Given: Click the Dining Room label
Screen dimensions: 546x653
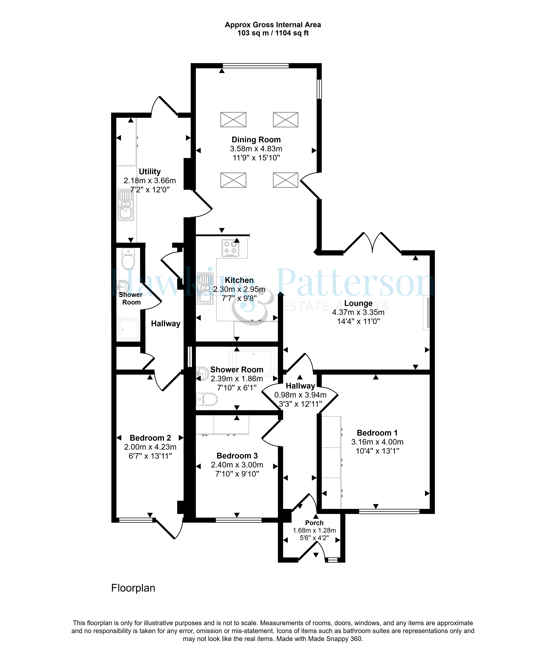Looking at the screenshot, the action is (x=256, y=140).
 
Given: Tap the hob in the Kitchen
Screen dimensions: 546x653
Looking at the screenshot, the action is (x=230, y=248).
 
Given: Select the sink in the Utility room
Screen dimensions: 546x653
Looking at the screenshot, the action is (x=126, y=205).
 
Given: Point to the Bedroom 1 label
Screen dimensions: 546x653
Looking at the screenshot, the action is (x=377, y=433).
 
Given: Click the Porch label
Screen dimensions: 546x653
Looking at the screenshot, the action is (x=314, y=523).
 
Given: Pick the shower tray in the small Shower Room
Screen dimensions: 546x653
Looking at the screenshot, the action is (x=128, y=329).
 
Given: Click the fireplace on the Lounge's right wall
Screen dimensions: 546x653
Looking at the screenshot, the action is (x=426, y=312).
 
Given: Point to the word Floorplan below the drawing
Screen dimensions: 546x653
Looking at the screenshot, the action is (x=133, y=588).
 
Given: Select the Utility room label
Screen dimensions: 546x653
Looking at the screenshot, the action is (x=150, y=172).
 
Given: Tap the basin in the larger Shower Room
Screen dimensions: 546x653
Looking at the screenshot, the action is (x=202, y=373).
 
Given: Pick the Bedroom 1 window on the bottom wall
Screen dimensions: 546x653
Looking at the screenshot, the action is (x=389, y=511).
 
